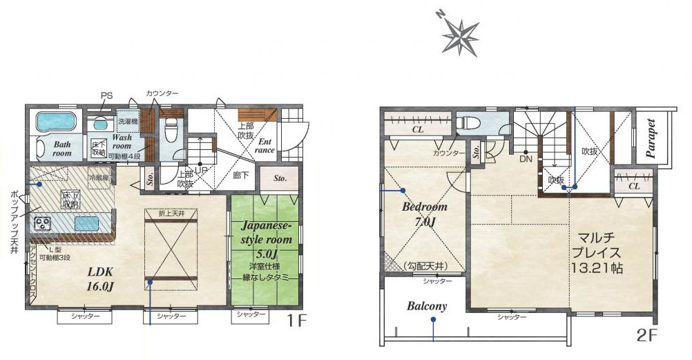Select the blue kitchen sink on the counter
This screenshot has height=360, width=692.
tap(86, 224)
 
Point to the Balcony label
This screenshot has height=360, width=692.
tap(426, 305)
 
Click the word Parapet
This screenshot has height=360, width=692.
tap(652, 138)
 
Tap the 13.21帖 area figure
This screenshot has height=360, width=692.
tap(597, 267)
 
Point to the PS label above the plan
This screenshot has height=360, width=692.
tap(106, 95)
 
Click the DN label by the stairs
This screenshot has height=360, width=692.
tap(526, 159)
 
